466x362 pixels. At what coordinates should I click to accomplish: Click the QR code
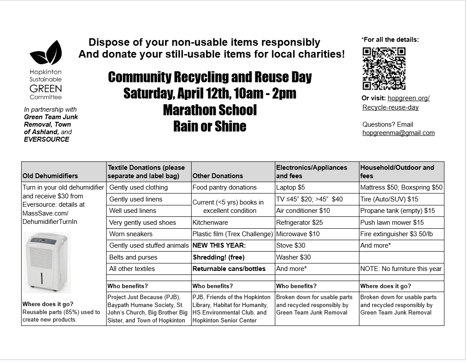click(384, 69)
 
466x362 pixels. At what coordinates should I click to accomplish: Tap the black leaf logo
click(45, 53)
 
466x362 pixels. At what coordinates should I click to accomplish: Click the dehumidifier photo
click(46, 262)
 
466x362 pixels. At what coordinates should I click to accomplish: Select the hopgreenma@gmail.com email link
click(398, 133)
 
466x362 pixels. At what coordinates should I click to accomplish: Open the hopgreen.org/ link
click(408, 98)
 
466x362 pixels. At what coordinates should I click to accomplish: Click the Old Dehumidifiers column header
click(50, 176)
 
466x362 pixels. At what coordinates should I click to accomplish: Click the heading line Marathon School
click(210, 110)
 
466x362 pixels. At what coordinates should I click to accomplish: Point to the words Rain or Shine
click(210, 126)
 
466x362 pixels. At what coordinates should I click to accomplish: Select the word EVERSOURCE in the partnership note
click(47, 139)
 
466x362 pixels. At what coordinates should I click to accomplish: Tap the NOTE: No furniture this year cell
click(401, 269)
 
